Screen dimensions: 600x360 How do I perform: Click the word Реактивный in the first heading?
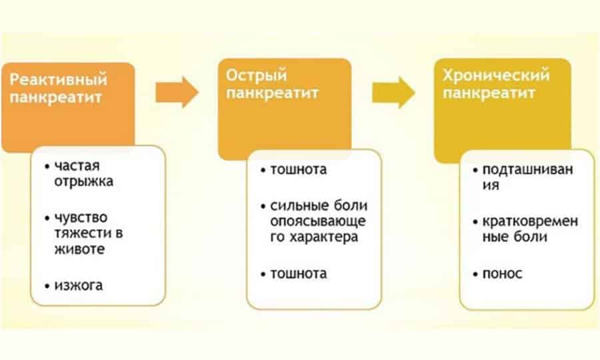coord(58,79)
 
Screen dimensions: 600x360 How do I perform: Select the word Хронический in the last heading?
coord(496,75)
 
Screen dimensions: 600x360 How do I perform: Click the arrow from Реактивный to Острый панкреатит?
coord(177,92)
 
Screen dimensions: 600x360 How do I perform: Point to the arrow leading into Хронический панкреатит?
coord(393,92)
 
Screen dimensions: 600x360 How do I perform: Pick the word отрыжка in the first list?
coord(84,181)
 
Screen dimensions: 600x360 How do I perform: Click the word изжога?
coord(79,285)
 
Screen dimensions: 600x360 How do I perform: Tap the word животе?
coord(79,249)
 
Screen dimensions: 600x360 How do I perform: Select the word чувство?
coord(81,218)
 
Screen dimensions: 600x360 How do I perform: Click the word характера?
coord(324,237)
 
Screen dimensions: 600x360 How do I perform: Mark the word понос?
coord(502,273)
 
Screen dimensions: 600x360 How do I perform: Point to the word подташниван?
coord(528,169)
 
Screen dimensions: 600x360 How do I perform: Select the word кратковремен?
coord(530,221)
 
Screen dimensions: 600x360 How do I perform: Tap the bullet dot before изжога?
coord(47,286)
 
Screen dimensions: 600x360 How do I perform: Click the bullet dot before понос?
coord(475,274)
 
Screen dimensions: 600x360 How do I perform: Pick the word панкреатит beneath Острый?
coord(272,93)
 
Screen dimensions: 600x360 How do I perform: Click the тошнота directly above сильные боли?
coord(299,169)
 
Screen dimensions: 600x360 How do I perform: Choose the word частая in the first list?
coord(77,166)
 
